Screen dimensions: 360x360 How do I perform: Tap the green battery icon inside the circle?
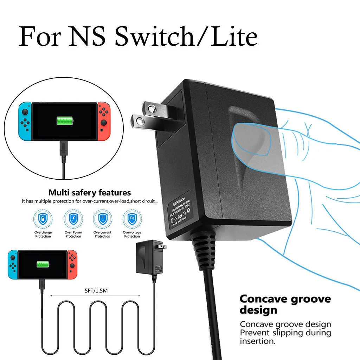66,121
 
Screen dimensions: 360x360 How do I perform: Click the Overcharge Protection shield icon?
43,219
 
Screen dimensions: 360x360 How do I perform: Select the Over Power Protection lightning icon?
73,219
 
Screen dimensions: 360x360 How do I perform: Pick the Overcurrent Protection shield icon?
102,219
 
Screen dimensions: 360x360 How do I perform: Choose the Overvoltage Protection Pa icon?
132,219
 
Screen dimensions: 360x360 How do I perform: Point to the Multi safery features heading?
90,193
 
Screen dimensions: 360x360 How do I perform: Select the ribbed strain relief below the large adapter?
204,251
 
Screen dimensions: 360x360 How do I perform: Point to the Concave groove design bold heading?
285,304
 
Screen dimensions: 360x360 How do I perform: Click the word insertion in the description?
257,341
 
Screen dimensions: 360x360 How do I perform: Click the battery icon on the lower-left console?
42,264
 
